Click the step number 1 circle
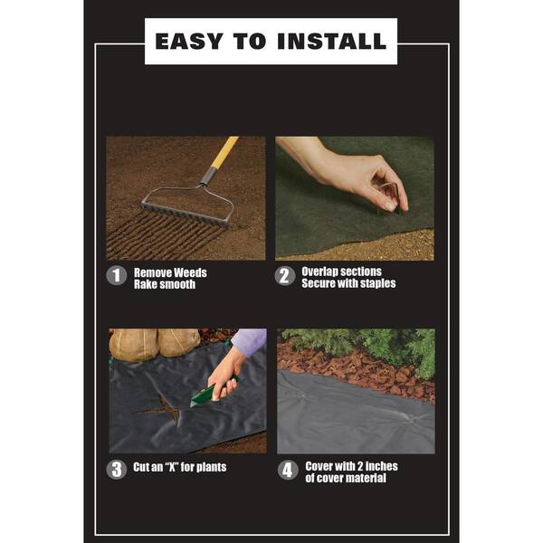tap(117, 276)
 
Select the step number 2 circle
tap(285, 276)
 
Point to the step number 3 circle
tap(117, 469)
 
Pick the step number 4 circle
tap(287, 471)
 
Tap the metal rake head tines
tap(186, 207)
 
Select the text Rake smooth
tap(164, 284)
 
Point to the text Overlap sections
tap(341, 271)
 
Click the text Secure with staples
tap(348, 284)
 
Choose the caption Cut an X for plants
tap(180, 468)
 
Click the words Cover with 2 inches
tap(351, 466)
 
